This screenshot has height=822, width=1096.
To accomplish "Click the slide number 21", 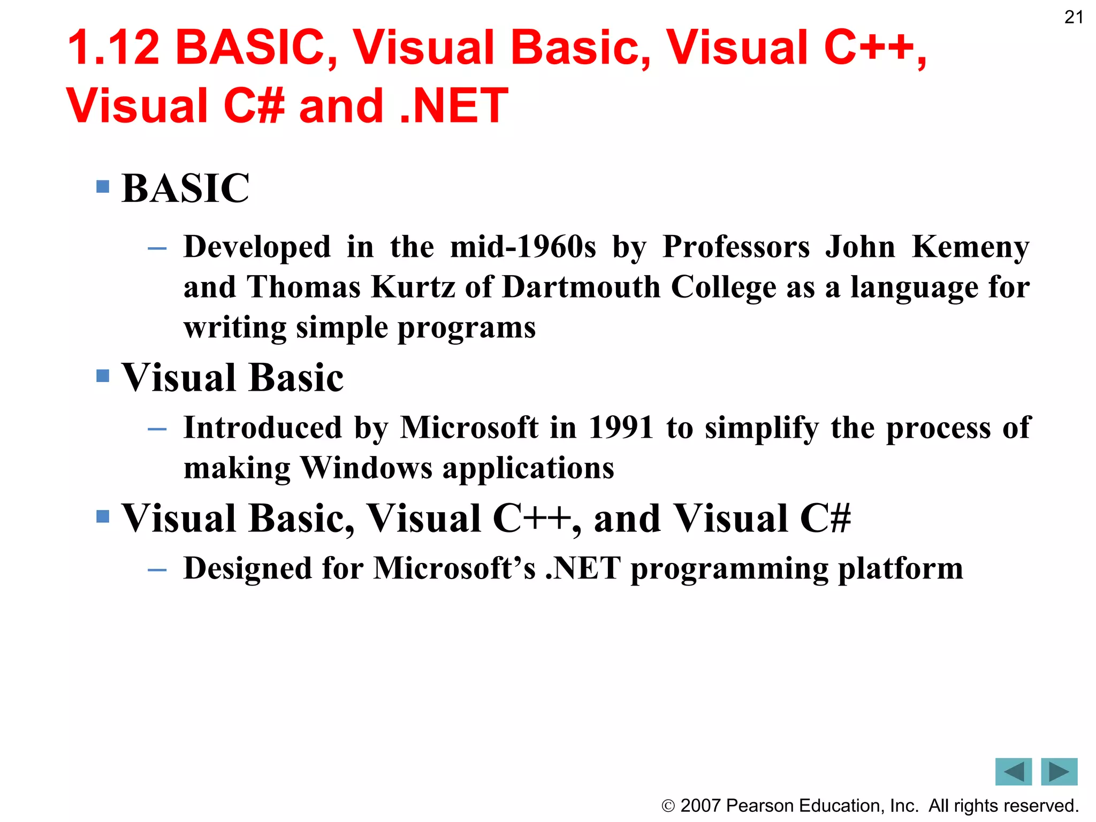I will (x=1074, y=18).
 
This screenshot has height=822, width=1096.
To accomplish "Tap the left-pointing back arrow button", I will (x=1013, y=772).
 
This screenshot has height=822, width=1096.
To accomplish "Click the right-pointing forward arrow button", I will (x=1059, y=772).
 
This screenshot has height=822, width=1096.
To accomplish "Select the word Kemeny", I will (x=970, y=247).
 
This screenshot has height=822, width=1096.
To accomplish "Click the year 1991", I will (x=621, y=428).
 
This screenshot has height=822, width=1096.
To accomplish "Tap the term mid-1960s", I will (x=523, y=247).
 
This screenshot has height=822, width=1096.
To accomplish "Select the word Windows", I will (x=366, y=468).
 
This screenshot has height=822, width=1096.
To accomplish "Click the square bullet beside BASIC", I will (x=103, y=187).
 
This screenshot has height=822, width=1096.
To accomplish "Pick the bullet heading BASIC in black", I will (x=186, y=188).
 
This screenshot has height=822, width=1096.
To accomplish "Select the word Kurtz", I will (x=413, y=287).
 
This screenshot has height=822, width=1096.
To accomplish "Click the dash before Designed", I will (x=157, y=570).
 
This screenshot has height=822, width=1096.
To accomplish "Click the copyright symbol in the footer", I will (x=668, y=806).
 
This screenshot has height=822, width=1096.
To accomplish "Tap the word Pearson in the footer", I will (x=760, y=806).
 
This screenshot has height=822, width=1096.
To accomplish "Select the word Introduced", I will (x=263, y=428).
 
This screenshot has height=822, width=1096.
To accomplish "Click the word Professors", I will (x=736, y=247).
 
